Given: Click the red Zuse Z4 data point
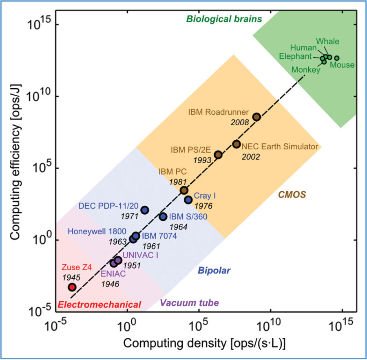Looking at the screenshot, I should click(72, 287).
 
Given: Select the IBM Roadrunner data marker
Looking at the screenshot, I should click(256, 117).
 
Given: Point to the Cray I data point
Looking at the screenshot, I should click(188, 200).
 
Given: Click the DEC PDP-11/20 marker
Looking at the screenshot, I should click(145, 210).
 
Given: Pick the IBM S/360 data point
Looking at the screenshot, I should click(163, 217).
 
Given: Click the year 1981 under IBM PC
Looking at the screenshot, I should click(177, 181).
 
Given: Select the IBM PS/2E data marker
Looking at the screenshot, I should click(218, 154).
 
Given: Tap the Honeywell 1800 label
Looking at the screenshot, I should click(97, 231).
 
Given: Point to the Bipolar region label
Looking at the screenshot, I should click(214, 270).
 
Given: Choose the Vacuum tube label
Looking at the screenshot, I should click(189, 303).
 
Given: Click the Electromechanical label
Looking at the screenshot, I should click(99, 304).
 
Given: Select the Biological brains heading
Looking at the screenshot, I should click(224, 19).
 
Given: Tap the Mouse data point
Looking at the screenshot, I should click(337, 58).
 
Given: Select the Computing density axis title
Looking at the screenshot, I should click(204, 343).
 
